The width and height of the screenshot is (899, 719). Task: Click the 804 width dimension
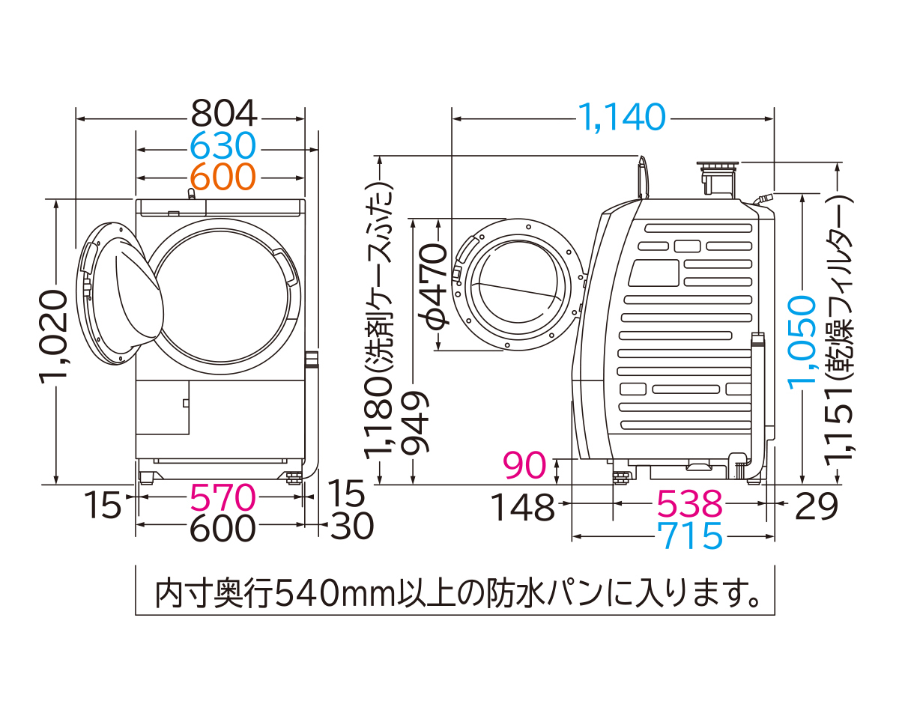click(223, 114)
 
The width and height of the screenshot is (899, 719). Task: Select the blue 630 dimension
click(223, 145)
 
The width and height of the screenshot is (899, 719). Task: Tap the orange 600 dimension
click(223, 177)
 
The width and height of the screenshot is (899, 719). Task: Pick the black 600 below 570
click(223, 528)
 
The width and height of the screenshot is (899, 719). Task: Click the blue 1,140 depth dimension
click(621, 116)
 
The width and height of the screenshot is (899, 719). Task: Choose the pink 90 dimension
click(524, 466)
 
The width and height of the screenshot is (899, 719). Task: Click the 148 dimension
click(523, 508)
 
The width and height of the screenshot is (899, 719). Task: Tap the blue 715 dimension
click(689, 536)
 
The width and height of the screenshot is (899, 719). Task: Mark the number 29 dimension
click(817, 507)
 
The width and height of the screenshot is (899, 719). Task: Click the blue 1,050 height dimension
click(802, 341)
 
